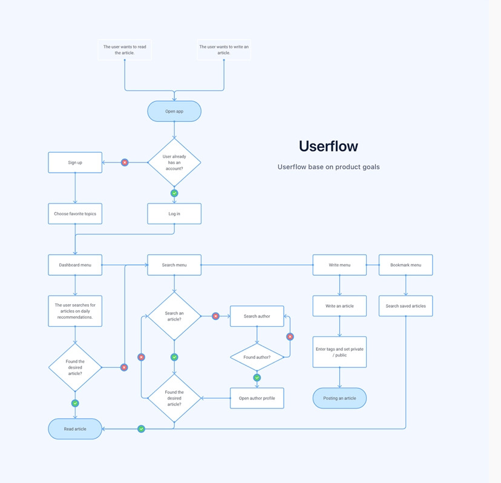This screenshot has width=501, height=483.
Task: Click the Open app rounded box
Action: point(174,111)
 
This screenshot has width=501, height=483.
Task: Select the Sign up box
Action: point(75,162)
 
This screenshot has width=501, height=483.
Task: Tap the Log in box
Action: point(174,213)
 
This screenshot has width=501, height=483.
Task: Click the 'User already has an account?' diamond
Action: point(174,162)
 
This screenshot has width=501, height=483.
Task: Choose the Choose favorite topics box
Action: point(75,213)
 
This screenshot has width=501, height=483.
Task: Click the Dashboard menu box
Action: point(75,265)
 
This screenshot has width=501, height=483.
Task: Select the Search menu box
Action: point(174,265)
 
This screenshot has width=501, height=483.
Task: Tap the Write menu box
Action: point(339,265)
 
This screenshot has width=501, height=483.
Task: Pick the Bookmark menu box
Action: point(406,265)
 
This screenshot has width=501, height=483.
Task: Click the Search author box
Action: point(257,316)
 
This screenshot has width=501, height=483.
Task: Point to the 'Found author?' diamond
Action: point(257,357)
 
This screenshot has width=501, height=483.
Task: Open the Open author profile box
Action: point(257,398)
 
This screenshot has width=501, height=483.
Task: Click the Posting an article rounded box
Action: point(339,398)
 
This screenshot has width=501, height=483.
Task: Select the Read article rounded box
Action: point(75,428)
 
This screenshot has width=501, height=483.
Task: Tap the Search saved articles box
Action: point(406,305)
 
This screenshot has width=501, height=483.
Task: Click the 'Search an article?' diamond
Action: point(174,316)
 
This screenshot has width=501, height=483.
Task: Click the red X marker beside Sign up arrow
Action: point(125,162)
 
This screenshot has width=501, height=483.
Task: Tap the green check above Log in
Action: point(174,193)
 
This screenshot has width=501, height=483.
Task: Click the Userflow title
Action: point(329,146)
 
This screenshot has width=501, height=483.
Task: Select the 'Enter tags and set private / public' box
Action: point(339,351)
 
